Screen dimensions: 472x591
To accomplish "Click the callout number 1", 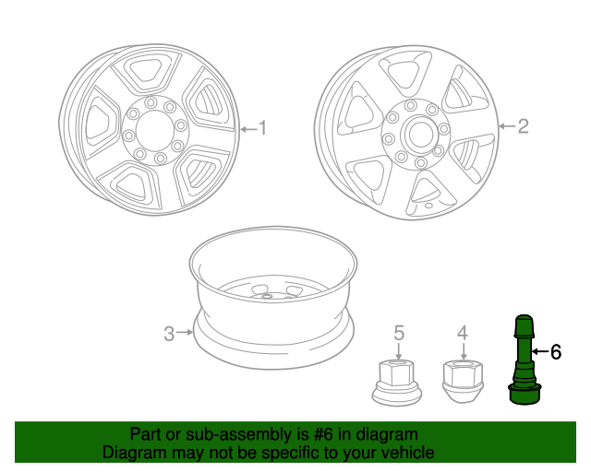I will pos(262,128).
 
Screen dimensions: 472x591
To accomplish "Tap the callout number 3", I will pos(169,334).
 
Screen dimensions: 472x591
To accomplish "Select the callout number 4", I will pos(463,333).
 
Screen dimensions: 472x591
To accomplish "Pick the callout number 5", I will pos(399,333).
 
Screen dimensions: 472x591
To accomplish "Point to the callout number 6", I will pos(555,351).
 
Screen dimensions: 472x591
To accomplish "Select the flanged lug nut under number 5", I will pos(398,383).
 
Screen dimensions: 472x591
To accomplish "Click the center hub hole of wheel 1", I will pos(156,132).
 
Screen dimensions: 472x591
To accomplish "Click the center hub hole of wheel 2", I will pos(417,134).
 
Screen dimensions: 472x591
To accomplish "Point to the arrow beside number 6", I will pos(539,351).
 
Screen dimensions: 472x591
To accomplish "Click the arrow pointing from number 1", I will pos(247,129).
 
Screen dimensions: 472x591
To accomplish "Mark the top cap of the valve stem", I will pos(525,325).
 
